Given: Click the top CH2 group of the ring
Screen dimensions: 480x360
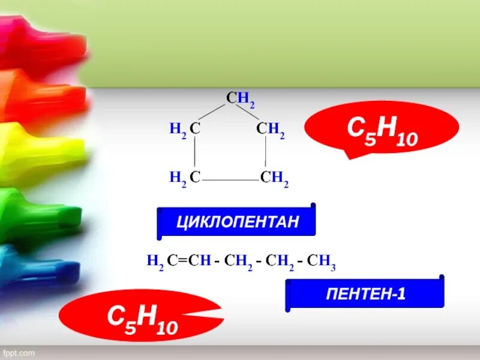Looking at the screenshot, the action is click(241, 99).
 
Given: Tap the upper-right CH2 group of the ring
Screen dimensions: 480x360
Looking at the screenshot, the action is click(270, 129).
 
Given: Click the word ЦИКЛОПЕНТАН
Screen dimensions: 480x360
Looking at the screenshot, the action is click(237, 223).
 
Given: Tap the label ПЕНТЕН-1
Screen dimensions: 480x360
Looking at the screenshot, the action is click(366, 295).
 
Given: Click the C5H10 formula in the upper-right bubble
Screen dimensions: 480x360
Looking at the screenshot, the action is click(382, 130).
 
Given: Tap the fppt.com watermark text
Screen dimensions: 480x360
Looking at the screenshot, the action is click(20, 353).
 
